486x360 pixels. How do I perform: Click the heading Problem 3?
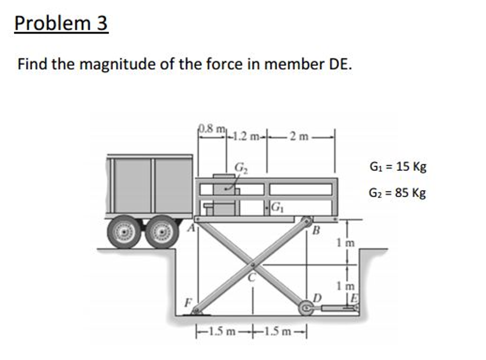61,23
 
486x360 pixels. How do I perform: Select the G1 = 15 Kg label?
398,166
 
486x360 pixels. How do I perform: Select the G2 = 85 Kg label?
398,193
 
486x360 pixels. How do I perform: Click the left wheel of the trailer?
125,232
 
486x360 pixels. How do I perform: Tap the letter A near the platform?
191,228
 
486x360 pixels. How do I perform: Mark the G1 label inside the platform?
276,207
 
